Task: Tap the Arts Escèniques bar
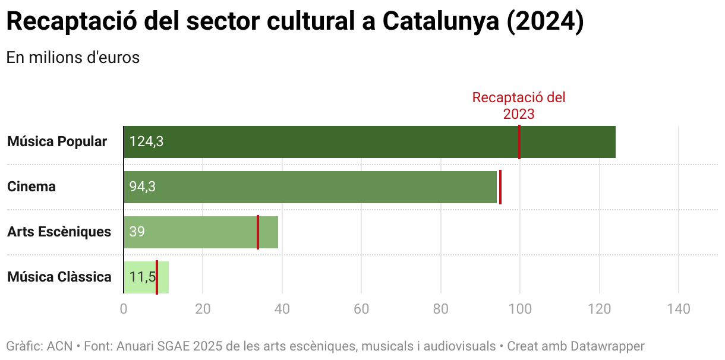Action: tap(202, 232)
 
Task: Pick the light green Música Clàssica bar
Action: tap(163, 277)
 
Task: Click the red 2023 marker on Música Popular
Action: tap(519, 142)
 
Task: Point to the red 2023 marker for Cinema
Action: tap(500, 187)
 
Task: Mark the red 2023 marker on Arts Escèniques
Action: tap(258, 232)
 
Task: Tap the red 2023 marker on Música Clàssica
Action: tap(157, 277)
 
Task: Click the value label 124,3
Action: tap(146, 142)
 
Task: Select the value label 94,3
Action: tap(143, 187)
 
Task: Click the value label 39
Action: tap(137, 232)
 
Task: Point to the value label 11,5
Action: tap(142, 277)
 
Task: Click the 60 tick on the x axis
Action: tap(361, 310)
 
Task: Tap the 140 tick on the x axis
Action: tap(679, 310)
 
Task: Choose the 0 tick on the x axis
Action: tap(124, 310)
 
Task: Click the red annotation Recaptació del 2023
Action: tap(519, 106)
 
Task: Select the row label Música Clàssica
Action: tap(59, 277)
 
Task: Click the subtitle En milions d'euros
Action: tap(73, 58)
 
